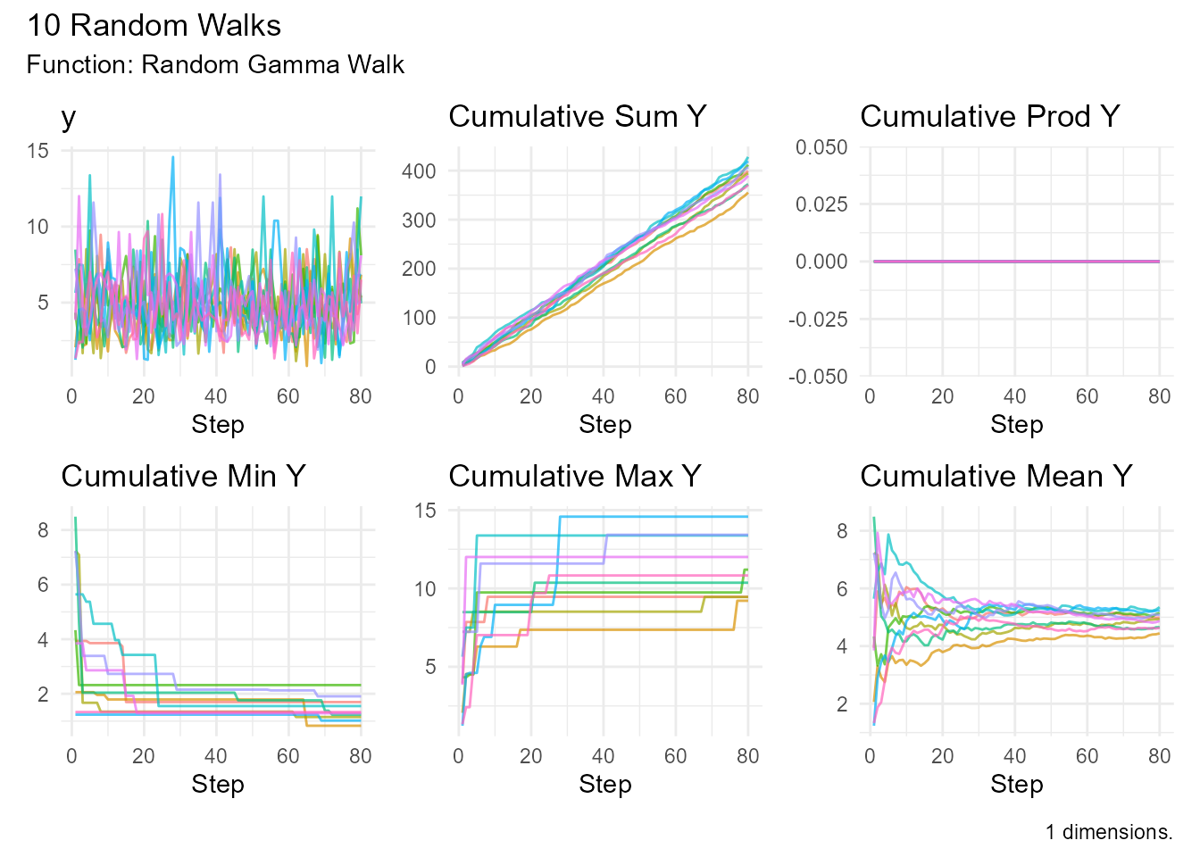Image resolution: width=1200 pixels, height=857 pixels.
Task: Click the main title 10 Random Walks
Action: pyautogui.click(x=154, y=26)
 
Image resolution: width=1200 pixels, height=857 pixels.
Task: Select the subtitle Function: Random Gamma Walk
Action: pyautogui.click(x=215, y=65)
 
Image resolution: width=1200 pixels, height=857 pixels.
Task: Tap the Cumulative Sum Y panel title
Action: pyautogui.click(x=577, y=117)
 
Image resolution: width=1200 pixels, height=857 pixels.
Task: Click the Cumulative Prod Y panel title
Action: pyautogui.click(x=989, y=117)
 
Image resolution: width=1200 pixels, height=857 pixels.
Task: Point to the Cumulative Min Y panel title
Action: pyautogui.click(x=183, y=477)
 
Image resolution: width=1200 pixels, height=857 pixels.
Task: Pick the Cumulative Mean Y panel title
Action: pyautogui.click(x=996, y=477)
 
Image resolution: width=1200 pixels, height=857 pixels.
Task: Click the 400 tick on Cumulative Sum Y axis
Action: pyautogui.click(x=419, y=171)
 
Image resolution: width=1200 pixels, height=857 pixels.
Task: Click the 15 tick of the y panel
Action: pyautogui.click(x=37, y=151)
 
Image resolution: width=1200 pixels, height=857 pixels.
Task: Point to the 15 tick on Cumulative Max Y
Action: pyautogui.click(x=425, y=511)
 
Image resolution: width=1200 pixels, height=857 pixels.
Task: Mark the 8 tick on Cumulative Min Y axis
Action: pyautogui.click(x=43, y=530)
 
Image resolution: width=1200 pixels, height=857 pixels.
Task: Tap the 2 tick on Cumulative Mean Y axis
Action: pyautogui.click(x=841, y=704)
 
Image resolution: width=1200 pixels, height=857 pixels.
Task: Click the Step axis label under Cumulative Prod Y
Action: pyautogui.click(x=1016, y=425)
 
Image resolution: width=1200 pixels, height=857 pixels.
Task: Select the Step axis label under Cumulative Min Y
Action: pyautogui.click(x=218, y=785)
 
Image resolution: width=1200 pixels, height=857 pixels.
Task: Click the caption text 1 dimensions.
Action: pyautogui.click(x=1109, y=833)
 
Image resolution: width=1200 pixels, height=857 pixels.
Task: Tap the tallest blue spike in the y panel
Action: pyautogui.click(x=173, y=159)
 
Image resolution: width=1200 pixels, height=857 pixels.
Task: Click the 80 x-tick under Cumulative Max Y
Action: pyautogui.click(x=747, y=757)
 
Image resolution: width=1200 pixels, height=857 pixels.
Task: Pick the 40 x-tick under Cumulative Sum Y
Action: pyautogui.click(x=603, y=397)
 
